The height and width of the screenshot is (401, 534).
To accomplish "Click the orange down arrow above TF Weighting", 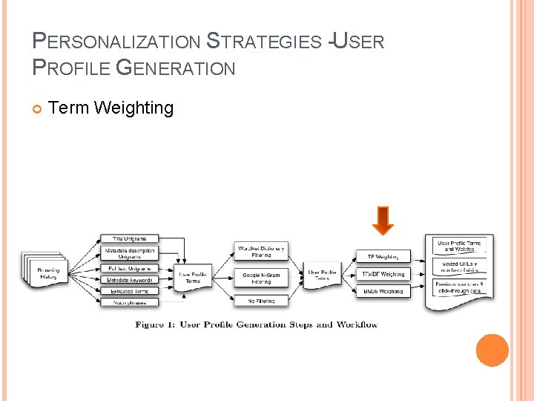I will point(383,221).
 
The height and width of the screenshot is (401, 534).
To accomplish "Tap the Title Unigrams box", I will point(129,239).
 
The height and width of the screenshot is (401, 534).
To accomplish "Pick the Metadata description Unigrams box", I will point(129,253).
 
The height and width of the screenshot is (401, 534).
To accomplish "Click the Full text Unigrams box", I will point(129,268).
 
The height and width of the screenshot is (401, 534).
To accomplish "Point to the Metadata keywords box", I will point(129,280).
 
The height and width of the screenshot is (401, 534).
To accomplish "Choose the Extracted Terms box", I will point(129,291).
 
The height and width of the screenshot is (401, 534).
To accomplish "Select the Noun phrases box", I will point(129,302).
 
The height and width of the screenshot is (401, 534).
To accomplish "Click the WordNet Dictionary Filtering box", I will point(261,251).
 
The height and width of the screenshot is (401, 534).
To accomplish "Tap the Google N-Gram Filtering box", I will point(261,278).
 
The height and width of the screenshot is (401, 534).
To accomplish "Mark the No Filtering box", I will point(261,301).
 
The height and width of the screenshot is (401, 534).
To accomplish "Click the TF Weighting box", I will point(383,257).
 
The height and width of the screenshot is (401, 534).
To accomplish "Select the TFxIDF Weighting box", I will point(383,274).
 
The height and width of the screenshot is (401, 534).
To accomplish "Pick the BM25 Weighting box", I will point(383,291).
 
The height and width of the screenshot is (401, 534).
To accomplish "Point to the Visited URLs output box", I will point(460,267).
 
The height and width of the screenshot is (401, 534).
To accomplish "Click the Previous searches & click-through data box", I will point(460,287).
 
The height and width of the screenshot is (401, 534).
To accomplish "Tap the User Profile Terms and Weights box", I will point(460,247).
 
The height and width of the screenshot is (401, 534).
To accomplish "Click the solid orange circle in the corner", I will point(492,351).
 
